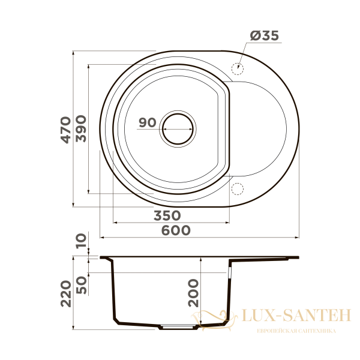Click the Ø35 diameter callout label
(x=265, y=35)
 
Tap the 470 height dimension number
(x=65, y=130)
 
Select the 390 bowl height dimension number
(x=81, y=128)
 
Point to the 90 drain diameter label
(x=148, y=122)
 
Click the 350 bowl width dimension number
(x=167, y=215)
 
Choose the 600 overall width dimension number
(x=176, y=230)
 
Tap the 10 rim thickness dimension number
(x=81, y=241)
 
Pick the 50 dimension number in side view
(x=82, y=285)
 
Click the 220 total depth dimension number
(x=66, y=293)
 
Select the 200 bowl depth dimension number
(x=193, y=293)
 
